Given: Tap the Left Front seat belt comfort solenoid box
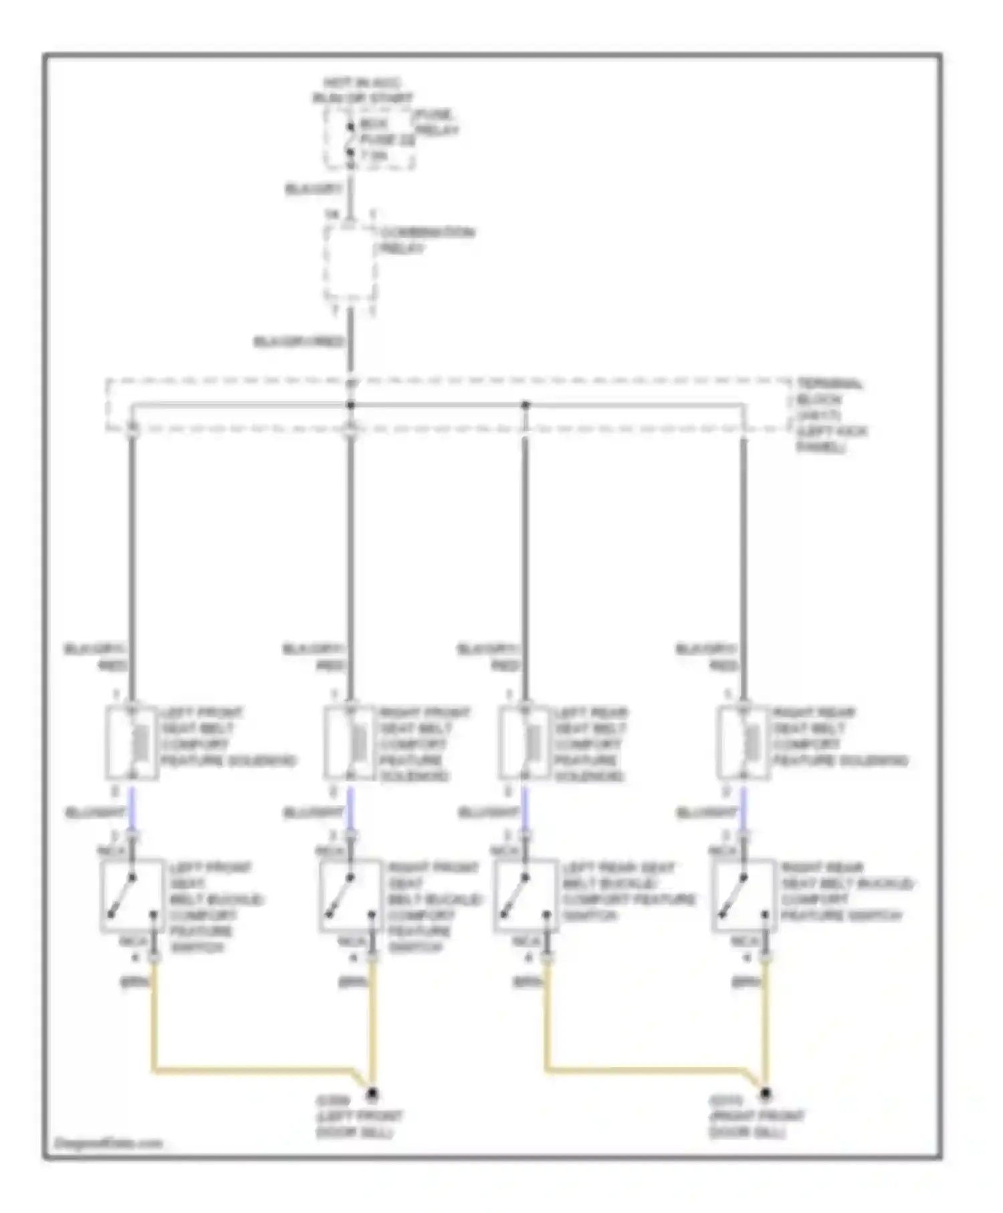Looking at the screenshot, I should [132, 742].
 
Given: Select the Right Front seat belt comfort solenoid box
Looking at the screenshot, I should [350, 742].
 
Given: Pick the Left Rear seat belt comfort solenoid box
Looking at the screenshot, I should [524, 742].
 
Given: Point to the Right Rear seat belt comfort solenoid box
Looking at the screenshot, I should [743, 742].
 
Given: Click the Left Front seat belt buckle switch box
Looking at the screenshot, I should [132, 895].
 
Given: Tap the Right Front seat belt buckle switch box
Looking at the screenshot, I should [350, 895].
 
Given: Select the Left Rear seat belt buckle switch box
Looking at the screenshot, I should [526, 895].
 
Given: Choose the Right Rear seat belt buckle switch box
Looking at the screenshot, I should [744, 895].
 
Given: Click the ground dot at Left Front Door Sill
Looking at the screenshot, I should [372, 1095].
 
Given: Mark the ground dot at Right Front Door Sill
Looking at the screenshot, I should [766, 1095].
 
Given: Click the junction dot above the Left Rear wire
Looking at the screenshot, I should [525, 405].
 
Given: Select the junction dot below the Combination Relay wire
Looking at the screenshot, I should [350, 405].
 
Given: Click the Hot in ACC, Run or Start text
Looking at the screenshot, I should [362, 90].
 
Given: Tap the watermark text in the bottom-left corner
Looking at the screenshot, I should [108, 1143].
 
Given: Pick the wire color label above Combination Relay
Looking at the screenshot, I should [314, 189].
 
